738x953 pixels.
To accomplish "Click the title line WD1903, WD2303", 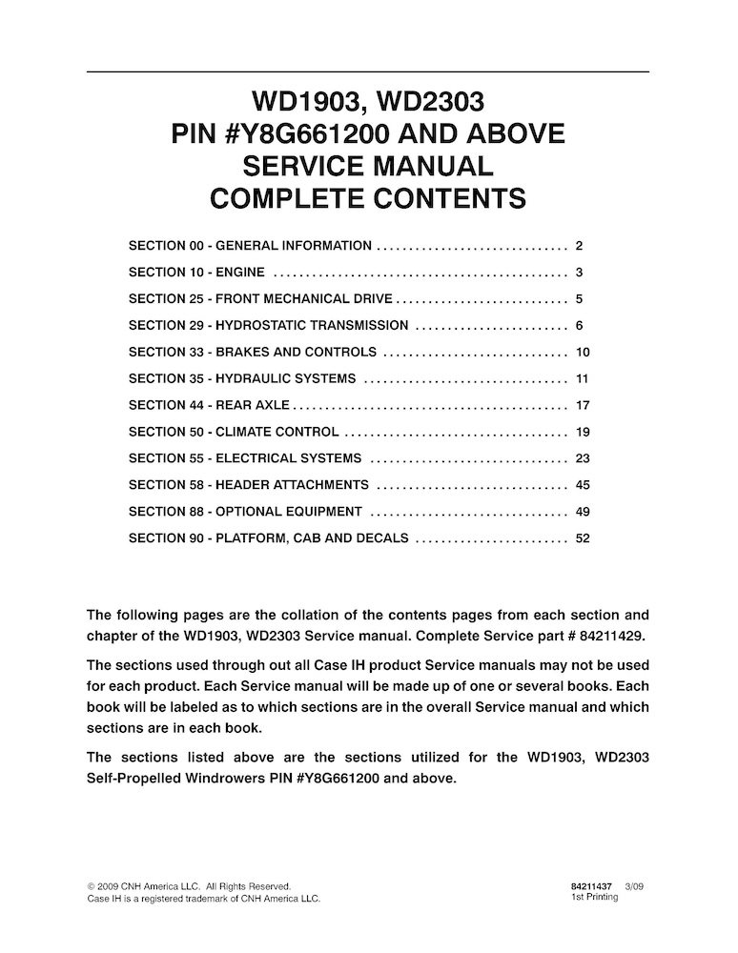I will click(x=368, y=101).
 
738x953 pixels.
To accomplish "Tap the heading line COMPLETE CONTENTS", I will click(x=368, y=199).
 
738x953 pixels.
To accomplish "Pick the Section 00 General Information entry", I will click(x=250, y=245).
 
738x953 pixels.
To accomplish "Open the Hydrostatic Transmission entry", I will click(x=268, y=325).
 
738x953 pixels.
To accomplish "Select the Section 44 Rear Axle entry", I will click(x=209, y=405).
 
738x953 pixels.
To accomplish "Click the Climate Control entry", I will click(x=234, y=432).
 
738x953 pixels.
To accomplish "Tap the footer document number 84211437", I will click(x=590, y=885).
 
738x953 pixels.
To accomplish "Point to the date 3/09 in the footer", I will click(x=634, y=885).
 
